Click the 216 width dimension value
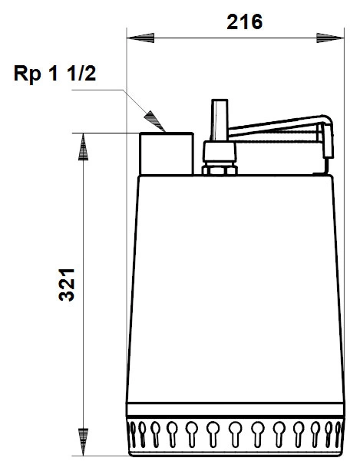coord(244,22)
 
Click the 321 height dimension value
coord(67,285)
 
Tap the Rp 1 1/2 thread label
coord(54,74)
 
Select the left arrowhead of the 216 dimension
coord(140,38)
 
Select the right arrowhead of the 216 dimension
coord(330,38)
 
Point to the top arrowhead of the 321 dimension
coord(83,147)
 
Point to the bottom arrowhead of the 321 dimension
coord(83,442)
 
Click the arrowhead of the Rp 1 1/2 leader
coord(155,121)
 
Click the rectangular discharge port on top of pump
coord(166,153)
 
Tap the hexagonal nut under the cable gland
coord(220,170)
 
